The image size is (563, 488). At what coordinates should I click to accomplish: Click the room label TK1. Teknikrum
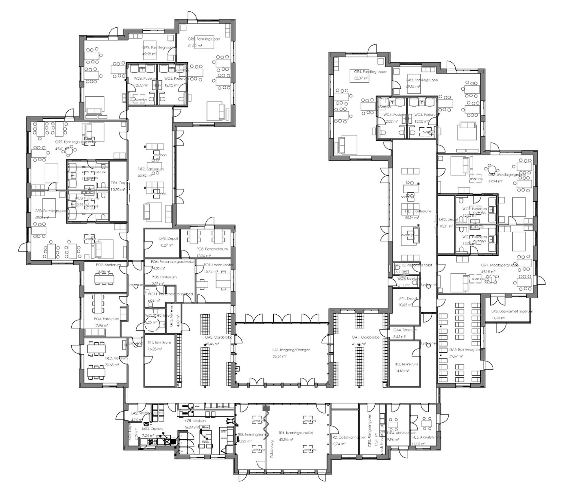pyautogui.click(x=159, y=342)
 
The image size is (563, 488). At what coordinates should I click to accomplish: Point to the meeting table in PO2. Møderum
pyautogui.click(x=105, y=279)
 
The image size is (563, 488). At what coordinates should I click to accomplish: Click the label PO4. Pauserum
pyautogui.click(x=107, y=319)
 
